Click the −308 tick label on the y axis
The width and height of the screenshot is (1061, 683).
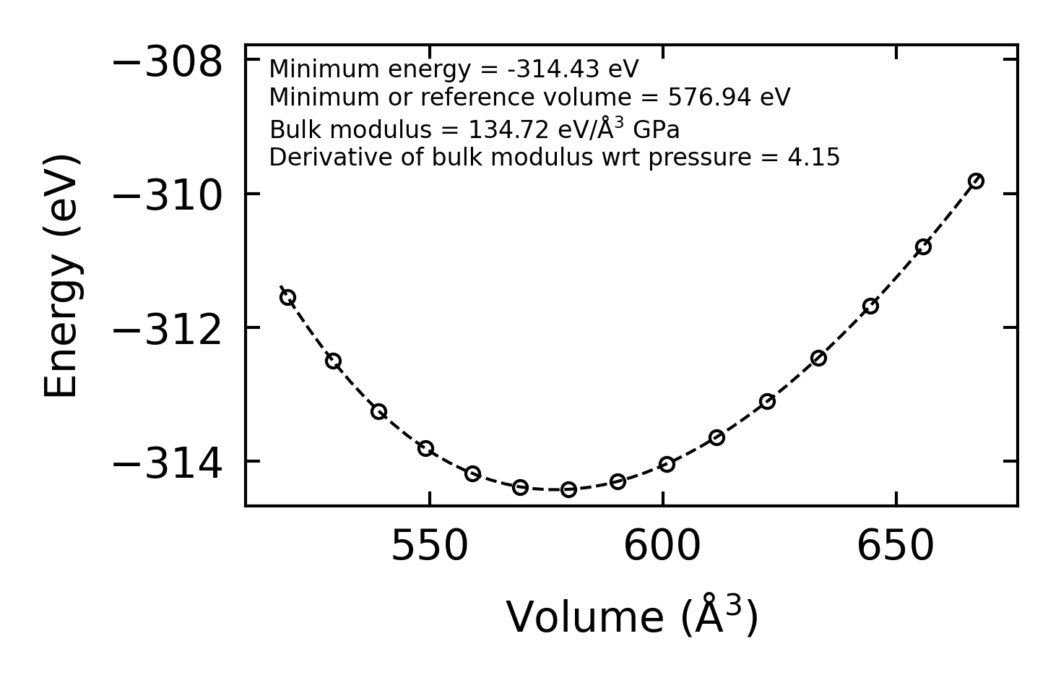[x=168, y=64]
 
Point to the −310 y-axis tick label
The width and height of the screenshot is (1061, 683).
[x=168, y=197]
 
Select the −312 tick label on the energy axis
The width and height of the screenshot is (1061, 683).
[x=168, y=330]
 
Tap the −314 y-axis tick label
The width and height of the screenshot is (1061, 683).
[x=168, y=464]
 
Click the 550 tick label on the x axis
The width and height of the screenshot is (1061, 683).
[x=430, y=547]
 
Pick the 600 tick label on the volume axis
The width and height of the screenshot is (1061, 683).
[x=662, y=547]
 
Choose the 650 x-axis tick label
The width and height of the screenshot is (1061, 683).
[x=896, y=547]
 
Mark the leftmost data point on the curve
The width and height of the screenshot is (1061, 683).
[x=287, y=297]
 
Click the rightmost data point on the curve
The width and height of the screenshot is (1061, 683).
[x=976, y=181]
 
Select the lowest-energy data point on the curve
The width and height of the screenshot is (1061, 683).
[x=568, y=489]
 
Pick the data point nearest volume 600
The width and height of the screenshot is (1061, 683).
[x=667, y=464]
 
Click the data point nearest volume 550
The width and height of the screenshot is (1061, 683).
[x=425, y=448]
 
